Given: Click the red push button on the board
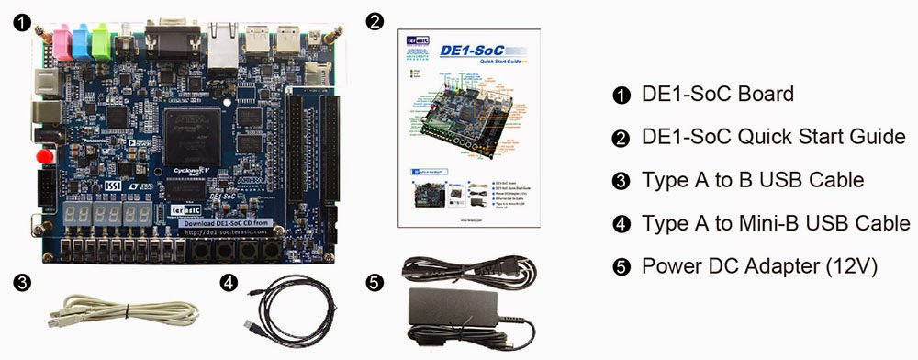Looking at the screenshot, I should (42, 158).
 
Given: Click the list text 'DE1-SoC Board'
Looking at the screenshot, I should (704, 94).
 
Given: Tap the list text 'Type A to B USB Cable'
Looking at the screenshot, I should (753, 180).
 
